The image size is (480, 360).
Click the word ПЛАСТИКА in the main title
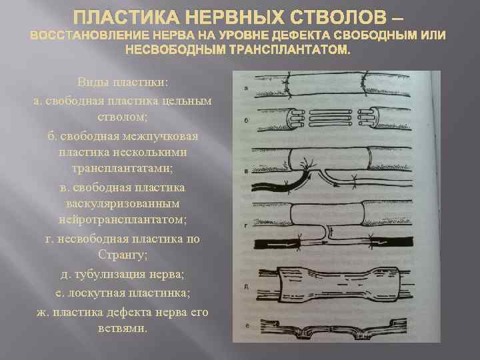[127, 17]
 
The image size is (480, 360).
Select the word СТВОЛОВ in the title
[337, 17]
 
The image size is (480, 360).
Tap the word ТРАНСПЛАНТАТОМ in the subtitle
[289, 49]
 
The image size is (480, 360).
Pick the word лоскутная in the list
[96, 293]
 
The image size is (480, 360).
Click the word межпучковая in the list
[160, 137]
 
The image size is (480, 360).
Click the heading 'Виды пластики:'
[123, 83]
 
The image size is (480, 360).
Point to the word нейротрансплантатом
[122, 220]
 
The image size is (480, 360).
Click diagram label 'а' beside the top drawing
[246, 89]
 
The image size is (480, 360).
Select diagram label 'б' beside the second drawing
[247, 120]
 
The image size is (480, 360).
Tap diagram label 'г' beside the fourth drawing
[246, 227]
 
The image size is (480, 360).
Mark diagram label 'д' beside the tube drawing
[247, 287]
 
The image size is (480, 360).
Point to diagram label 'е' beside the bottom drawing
[247, 326]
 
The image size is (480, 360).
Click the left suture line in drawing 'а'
[288, 85]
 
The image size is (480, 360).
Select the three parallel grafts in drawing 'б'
[331, 118]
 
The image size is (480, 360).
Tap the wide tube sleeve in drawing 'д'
[339, 285]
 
